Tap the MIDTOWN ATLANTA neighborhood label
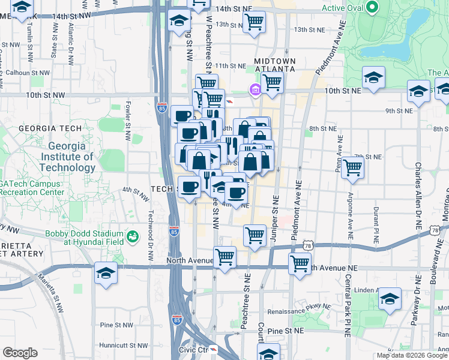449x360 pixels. (x=274, y=65)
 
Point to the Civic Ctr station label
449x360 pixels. (x=193, y=349)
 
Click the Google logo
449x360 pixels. (x=20, y=353)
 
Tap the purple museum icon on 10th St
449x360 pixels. (x=255, y=91)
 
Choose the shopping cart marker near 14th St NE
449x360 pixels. (x=255, y=22)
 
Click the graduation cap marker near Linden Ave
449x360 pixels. (x=390, y=299)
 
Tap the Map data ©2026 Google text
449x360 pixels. (x=412, y=355)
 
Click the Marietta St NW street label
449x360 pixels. (x=50, y=293)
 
